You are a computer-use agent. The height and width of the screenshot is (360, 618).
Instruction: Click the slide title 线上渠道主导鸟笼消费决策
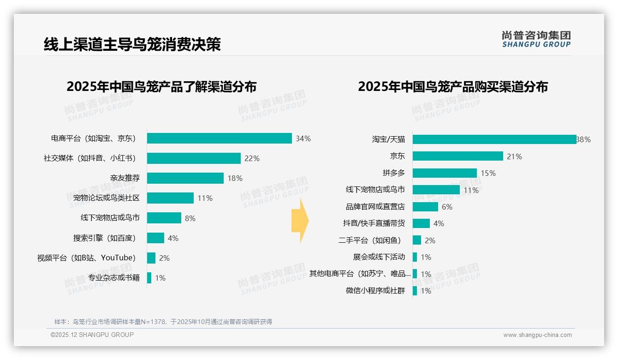pos(132,44)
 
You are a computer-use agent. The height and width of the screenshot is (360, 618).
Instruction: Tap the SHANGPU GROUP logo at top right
pos(536,39)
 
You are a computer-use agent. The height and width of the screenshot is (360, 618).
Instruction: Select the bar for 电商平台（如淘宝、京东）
pos(219,138)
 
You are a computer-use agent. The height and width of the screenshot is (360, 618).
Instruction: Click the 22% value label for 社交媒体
pos(252,158)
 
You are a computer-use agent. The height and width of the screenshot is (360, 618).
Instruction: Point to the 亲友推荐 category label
pos(125,178)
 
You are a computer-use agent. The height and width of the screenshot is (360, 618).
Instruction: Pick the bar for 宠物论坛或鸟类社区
pos(170,198)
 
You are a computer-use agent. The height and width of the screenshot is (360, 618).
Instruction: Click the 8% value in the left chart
pos(190,218)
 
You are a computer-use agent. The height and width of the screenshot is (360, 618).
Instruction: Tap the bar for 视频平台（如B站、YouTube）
pos(151,258)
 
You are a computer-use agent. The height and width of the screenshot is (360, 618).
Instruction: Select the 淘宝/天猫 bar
pos(494,139)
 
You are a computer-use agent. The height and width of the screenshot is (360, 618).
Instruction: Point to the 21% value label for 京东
pos(514,156)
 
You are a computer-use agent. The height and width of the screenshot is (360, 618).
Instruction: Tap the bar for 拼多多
pos(445,173)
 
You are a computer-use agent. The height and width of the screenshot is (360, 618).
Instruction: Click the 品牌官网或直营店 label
pos(375,207)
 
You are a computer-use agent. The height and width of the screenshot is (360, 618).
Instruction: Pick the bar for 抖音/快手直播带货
pos(421,223)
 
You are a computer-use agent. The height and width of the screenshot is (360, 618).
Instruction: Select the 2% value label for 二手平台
pos(429,240)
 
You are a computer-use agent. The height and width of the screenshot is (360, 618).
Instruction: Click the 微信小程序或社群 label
pos(375,291)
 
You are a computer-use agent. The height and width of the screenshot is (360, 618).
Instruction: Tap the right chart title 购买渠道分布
pos(452,87)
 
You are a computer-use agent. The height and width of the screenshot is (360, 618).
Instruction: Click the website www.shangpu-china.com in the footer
pos(537,335)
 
